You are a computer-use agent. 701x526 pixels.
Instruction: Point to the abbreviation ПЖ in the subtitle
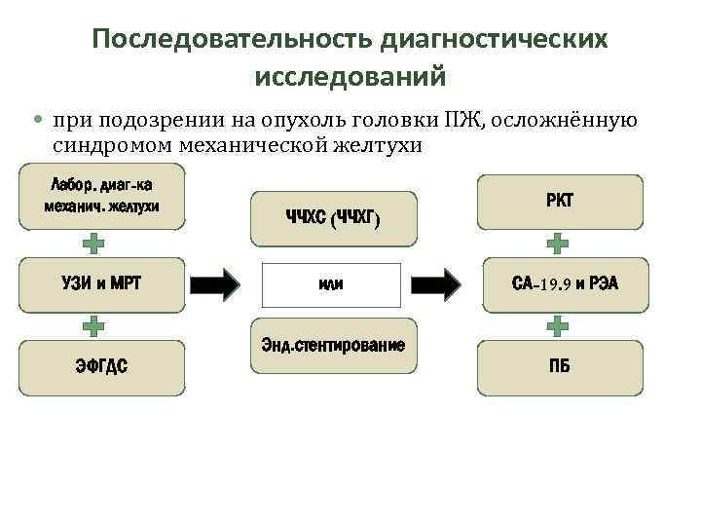(x=472, y=120)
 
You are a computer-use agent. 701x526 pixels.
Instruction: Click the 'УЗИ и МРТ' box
(x=101, y=284)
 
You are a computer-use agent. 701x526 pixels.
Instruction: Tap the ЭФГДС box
(x=101, y=365)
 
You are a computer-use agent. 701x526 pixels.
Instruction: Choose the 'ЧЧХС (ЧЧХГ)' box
(x=333, y=218)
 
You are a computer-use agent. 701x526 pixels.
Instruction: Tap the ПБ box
(x=559, y=365)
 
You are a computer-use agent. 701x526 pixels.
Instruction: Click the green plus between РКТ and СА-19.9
(x=558, y=243)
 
